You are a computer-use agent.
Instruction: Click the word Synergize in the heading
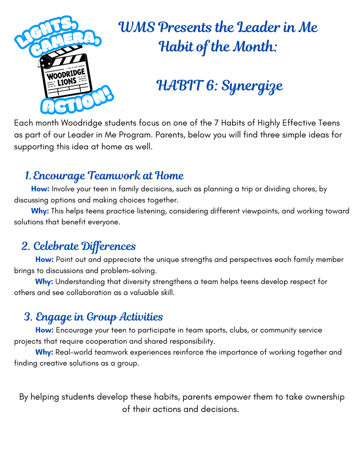252,86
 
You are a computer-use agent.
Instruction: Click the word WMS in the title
135,27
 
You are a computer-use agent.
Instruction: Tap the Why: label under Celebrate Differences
44,282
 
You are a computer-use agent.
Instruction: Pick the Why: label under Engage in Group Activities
44,352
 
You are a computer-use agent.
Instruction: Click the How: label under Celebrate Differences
45,259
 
